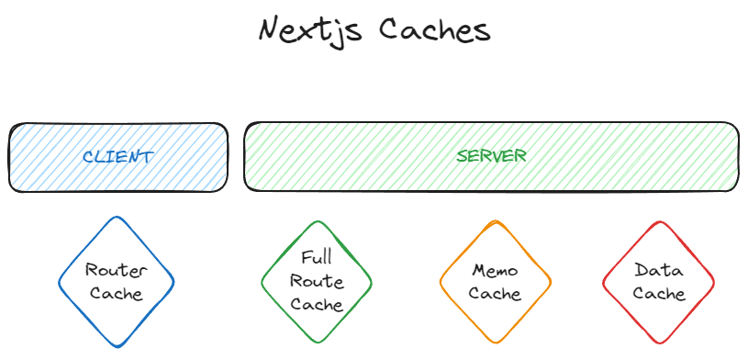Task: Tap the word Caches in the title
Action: pyautogui.click(x=435, y=29)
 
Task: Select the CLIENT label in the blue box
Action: pyautogui.click(x=117, y=157)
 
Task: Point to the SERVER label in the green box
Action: pyautogui.click(x=492, y=156)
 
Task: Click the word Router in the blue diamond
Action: pyautogui.click(x=117, y=270)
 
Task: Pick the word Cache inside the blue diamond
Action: pyautogui.click(x=117, y=294)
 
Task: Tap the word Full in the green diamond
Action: pyautogui.click(x=316, y=257)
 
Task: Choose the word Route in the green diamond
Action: pyautogui.click(x=316, y=281)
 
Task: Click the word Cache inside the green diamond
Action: pyautogui.click(x=316, y=304)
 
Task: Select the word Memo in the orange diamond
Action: pyautogui.click(x=495, y=271)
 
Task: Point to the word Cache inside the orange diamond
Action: pyautogui.click(x=495, y=294)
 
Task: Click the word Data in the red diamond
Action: pyautogui.click(x=658, y=270)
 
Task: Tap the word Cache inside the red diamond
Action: pyautogui.click(x=659, y=294)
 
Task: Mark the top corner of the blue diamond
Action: pyautogui.click(x=116, y=218)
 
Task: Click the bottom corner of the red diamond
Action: pyautogui.click(x=659, y=343)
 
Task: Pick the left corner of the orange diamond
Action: pyautogui.click(x=441, y=282)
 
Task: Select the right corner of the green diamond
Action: pyautogui.click(x=372, y=282)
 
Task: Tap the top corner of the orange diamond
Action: pyautogui.click(x=496, y=221)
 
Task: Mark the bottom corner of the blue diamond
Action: pyautogui.click(x=117, y=347)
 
